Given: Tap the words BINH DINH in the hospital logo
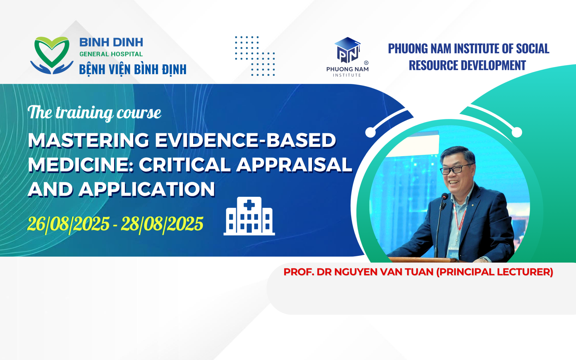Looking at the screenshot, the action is pyautogui.click(x=111, y=42).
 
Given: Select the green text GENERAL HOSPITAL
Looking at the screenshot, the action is pyautogui.click(x=111, y=54).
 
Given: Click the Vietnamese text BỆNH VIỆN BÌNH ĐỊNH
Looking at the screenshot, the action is pyautogui.click(x=133, y=70).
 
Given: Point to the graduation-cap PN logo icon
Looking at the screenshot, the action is pyautogui.click(x=347, y=50).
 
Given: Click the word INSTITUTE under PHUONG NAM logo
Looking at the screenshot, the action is pyautogui.click(x=347, y=75).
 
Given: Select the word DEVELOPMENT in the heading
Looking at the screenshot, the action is pyautogui.click(x=496, y=65).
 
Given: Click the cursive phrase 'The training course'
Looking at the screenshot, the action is pyautogui.click(x=94, y=113).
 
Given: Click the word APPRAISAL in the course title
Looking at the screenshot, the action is pyautogui.click(x=294, y=165).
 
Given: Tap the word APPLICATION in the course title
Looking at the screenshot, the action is pyautogui.click(x=147, y=189).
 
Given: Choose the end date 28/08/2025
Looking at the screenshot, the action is pyautogui.click(x=162, y=224).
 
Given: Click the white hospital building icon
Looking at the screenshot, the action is pyautogui.click(x=249, y=216).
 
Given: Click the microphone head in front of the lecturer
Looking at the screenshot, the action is pyautogui.click(x=444, y=197).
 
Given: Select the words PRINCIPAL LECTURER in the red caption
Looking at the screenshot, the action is pyautogui.click(x=495, y=272).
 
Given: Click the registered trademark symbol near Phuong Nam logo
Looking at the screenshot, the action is pyautogui.click(x=366, y=63).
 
